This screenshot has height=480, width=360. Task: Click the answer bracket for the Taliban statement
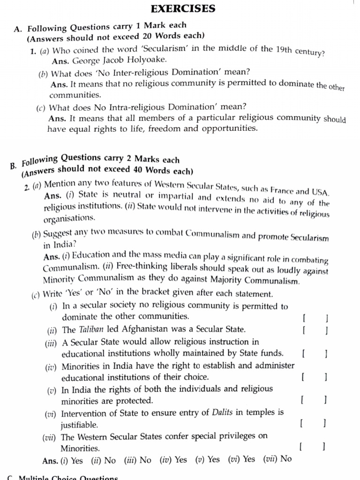[x=315, y=330]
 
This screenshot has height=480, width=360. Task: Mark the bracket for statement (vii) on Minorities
[x=312, y=447]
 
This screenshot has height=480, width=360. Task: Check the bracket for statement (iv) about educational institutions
[x=314, y=376]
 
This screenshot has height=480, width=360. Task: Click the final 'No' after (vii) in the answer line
[x=286, y=459]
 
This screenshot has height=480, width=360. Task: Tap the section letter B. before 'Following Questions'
[x=13, y=165]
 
